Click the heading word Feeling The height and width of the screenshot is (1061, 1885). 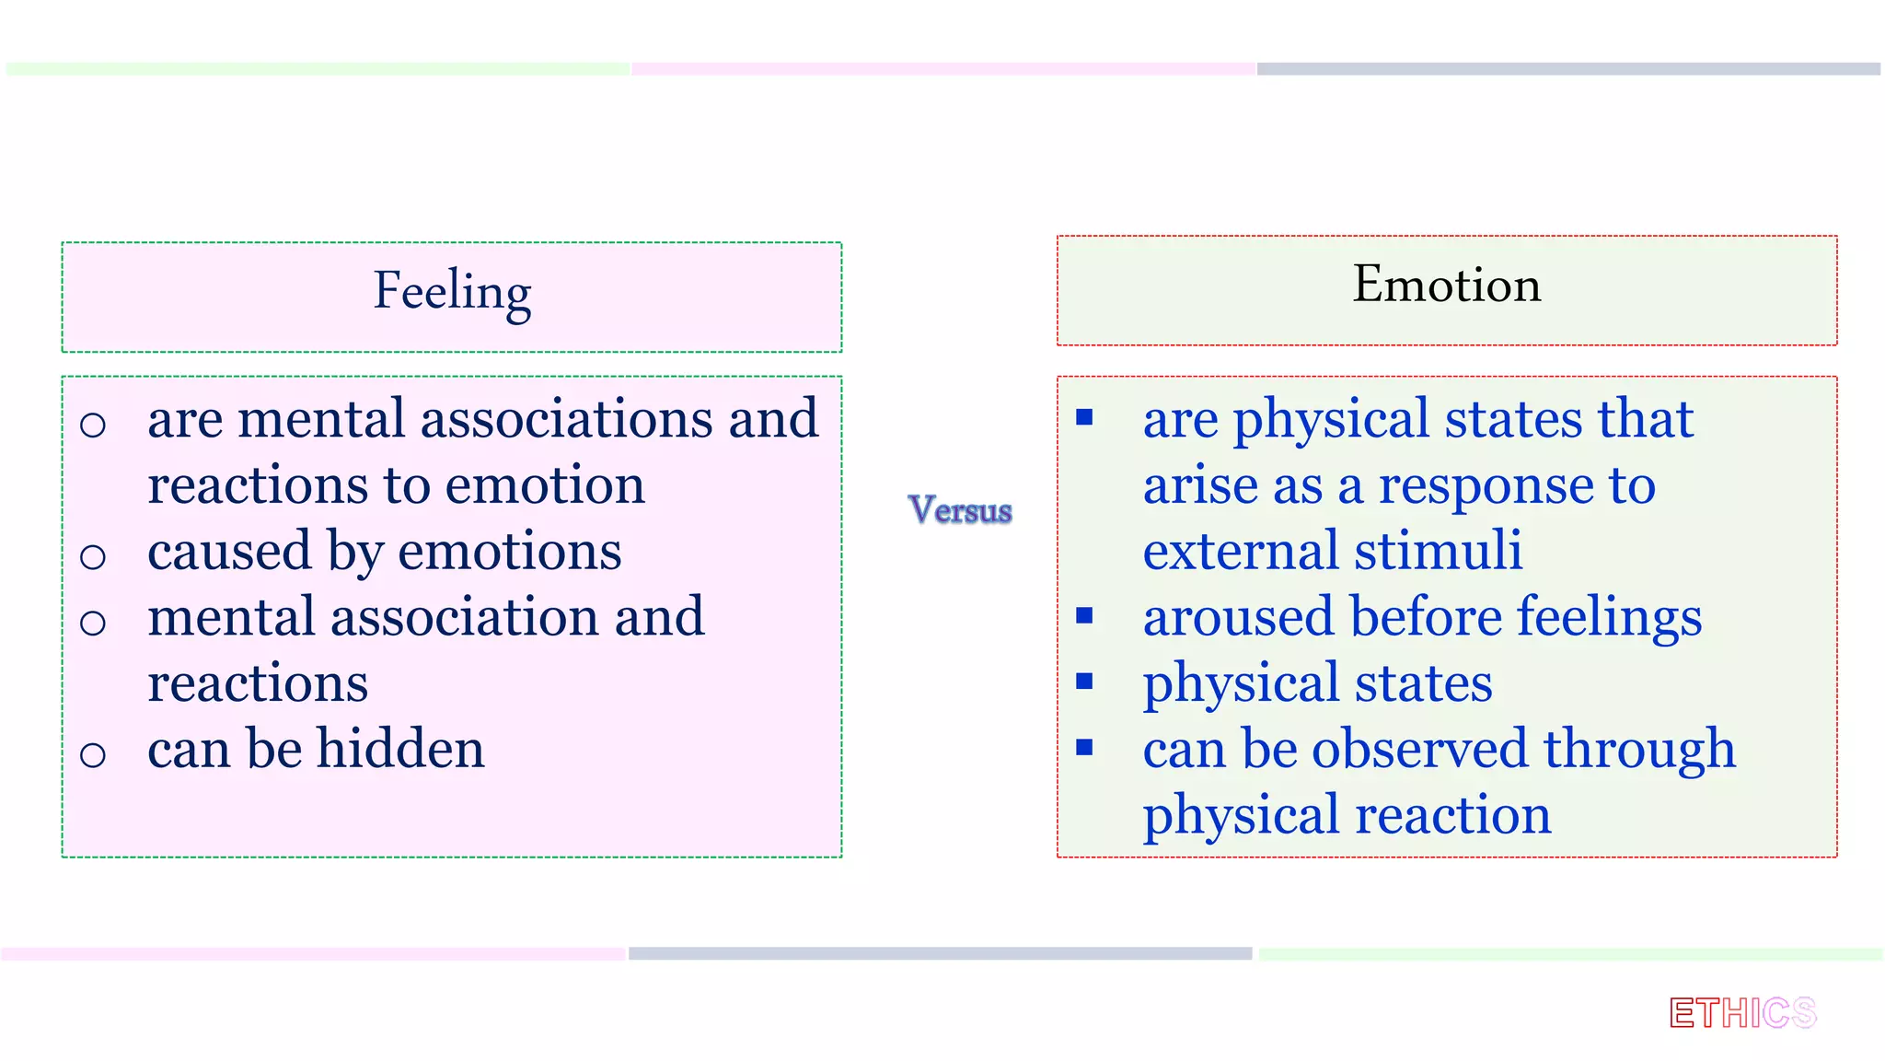[x=452, y=292]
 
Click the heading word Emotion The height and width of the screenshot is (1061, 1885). [x=1446, y=285]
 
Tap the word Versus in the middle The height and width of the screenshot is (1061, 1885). [x=960, y=510]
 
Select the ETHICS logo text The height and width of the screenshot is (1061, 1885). [x=1742, y=1013]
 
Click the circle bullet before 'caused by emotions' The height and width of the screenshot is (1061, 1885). [x=93, y=556]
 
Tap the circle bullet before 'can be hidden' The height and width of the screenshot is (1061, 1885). [x=93, y=755]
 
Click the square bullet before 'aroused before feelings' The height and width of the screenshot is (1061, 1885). [x=1084, y=615]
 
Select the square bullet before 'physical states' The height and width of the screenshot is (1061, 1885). [x=1084, y=682]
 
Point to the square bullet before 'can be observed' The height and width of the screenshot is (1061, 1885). [x=1084, y=747]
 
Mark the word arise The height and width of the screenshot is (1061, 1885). [x=1195, y=485]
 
